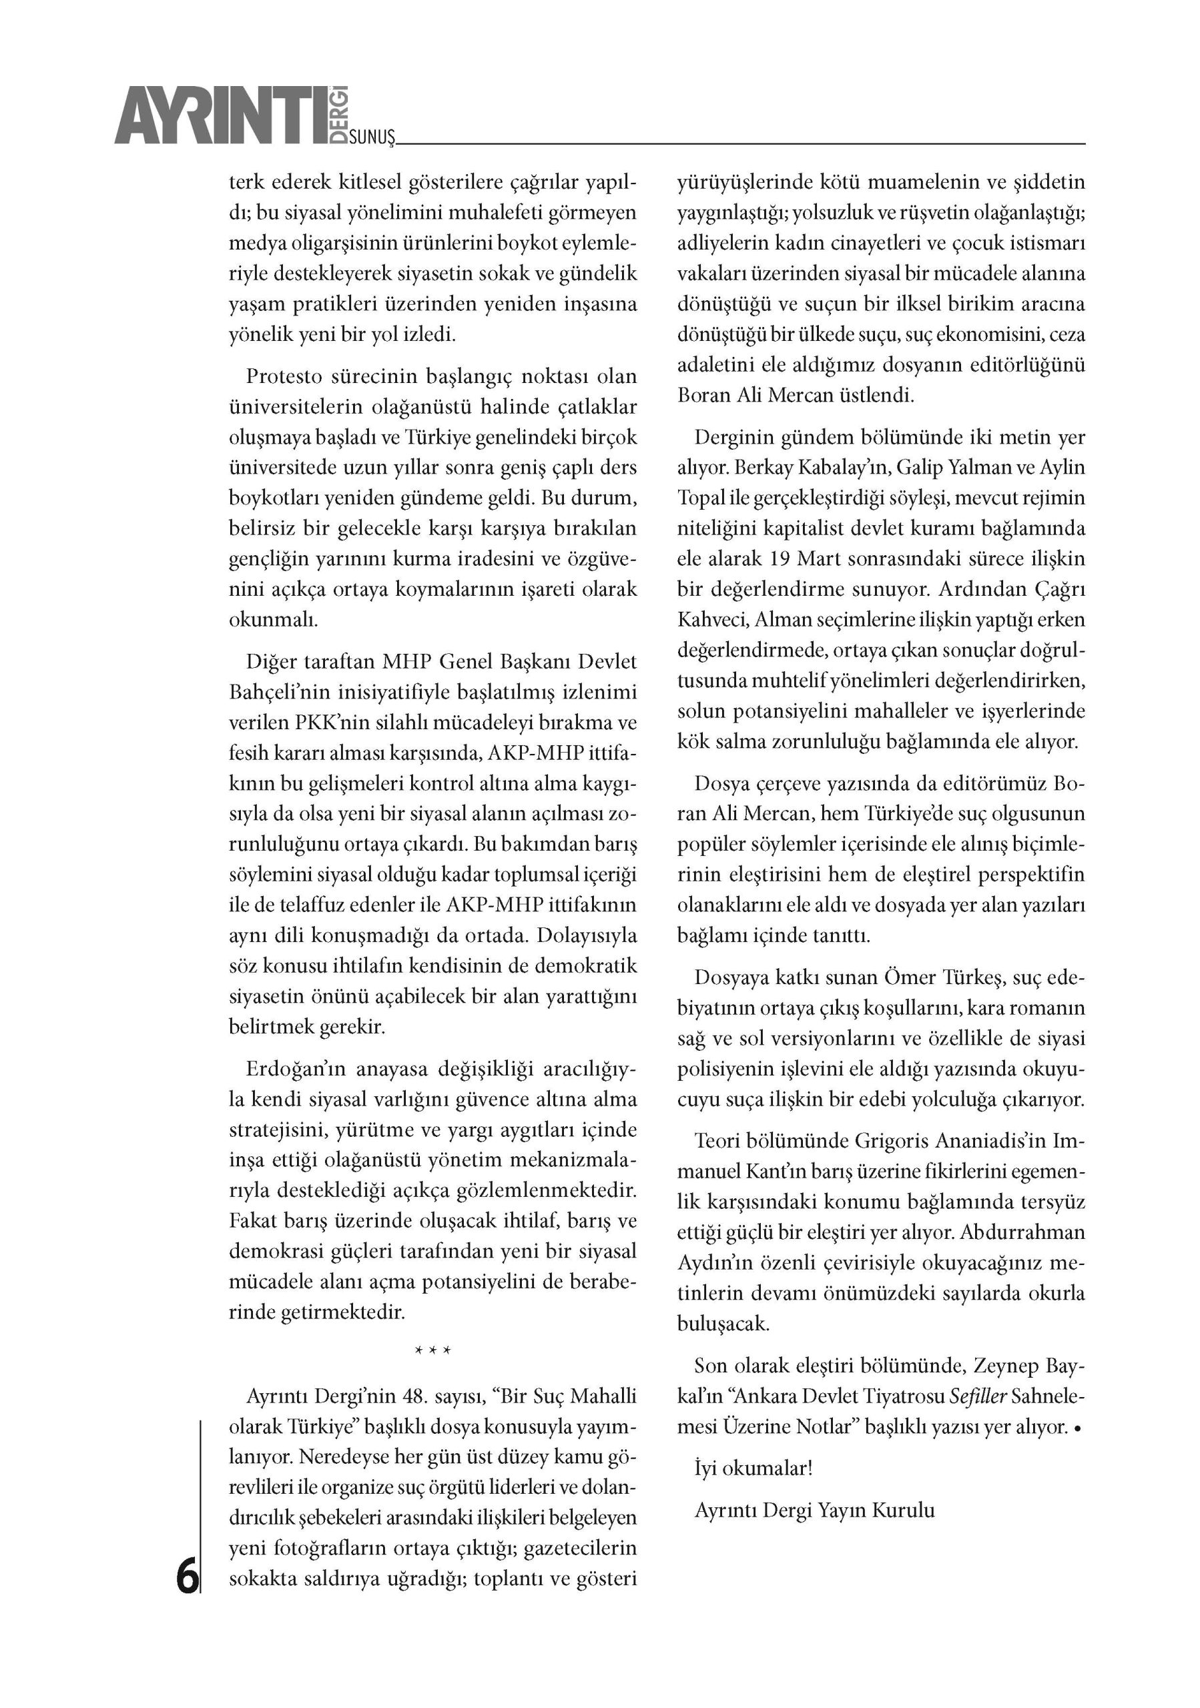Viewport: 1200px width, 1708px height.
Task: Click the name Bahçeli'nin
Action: [278, 692]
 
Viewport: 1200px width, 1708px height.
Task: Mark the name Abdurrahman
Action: [1023, 1232]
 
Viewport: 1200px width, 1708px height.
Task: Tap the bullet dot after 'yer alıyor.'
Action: [1077, 1428]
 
